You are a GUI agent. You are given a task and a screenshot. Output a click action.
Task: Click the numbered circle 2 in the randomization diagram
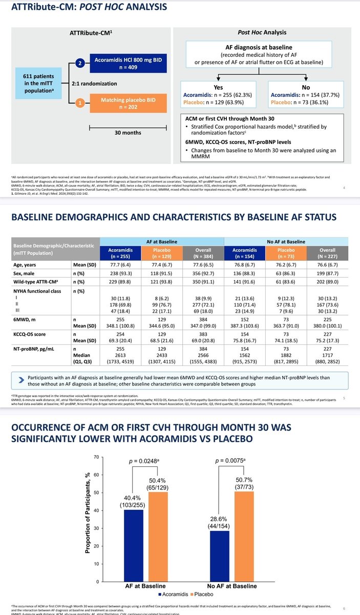tap(80, 63)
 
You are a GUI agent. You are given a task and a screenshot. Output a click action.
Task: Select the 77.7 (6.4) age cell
tap(115, 265)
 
